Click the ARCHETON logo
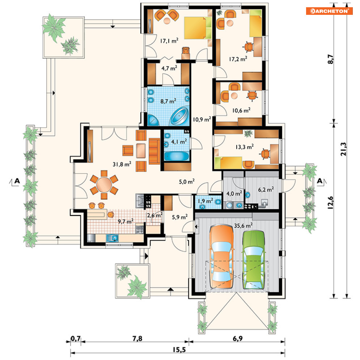click(329, 11)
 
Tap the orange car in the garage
click(221, 257)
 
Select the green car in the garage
click(254, 259)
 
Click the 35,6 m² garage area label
click(243, 225)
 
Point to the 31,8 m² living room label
click(122, 164)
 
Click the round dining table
click(104, 185)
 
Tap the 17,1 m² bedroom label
click(169, 41)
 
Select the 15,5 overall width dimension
click(179, 350)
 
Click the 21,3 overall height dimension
click(343, 149)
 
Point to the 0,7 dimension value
click(76, 338)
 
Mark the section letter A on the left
click(17, 181)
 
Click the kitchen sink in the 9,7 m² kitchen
click(112, 238)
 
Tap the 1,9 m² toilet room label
click(205, 201)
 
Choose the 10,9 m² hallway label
click(202, 119)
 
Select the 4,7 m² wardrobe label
click(169, 68)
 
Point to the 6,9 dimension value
click(238, 338)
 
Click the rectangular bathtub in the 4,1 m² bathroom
click(177, 157)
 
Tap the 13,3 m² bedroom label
click(245, 147)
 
